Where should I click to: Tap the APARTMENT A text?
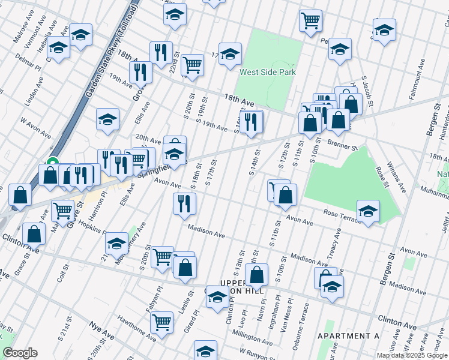pyautogui.click(x=348, y=336)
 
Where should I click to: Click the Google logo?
pyautogui.click(x=20, y=353)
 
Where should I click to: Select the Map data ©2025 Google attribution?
pyautogui.click(x=412, y=355)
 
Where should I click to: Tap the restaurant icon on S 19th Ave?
pyautogui.click(x=252, y=122)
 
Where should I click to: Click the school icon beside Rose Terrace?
pyautogui.click(x=368, y=211)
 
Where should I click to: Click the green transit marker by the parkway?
pyautogui.click(x=52, y=162)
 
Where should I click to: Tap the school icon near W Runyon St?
pyautogui.click(x=205, y=350)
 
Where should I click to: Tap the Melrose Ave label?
pyautogui.click(x=22, y=30)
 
